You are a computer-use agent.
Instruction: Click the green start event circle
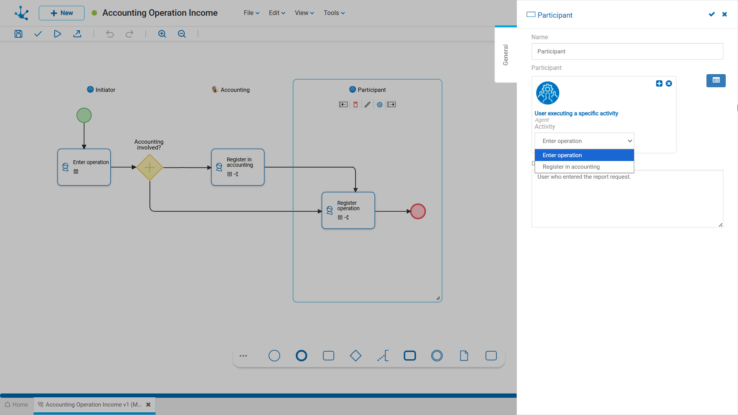pos(84,115)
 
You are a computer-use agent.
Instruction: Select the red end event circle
pos(418,211)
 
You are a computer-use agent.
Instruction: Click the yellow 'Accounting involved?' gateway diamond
pos(150,168)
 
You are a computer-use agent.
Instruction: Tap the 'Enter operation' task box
pos(84,167)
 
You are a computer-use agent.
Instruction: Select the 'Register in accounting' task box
pos(238,167)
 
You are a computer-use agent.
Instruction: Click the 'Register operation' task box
pos(348,211)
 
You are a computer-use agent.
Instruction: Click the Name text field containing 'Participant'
pos(627,51)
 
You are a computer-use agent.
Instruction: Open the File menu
pos(251,13)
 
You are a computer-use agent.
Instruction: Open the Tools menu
pos(334,13)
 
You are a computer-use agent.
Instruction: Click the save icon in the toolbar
pos(18,34)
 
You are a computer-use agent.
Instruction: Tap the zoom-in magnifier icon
pos(162,34)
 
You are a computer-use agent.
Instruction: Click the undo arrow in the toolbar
pos(110,34)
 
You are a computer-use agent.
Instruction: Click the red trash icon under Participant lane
pos(356,105)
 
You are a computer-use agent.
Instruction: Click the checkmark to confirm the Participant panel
pos(712,14)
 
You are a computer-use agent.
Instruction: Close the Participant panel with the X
pos(725,14)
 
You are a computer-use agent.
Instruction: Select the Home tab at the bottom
pos(17,405)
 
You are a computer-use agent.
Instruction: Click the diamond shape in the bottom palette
pos(356,356)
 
